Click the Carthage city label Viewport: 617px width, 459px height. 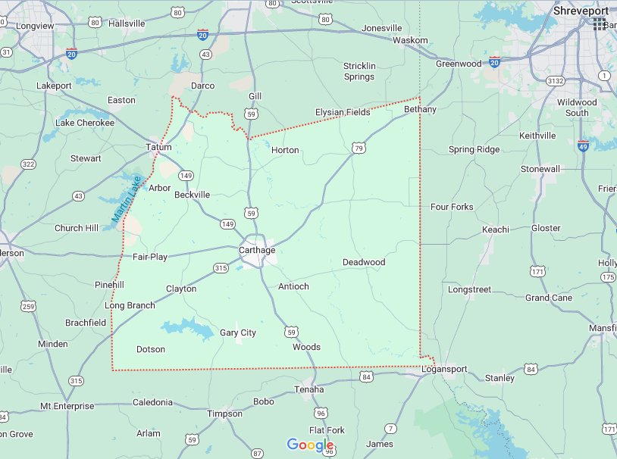pos(257,250)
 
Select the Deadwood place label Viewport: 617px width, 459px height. pos(364,262)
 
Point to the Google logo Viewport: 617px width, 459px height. pos(311,445)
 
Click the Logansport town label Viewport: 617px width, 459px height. pos(445,369)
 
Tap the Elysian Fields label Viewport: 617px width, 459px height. pos(343,112)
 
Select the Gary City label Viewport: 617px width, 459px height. pos(238,333)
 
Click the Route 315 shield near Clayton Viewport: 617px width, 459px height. pos(221,268)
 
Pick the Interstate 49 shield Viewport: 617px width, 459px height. pos(583,145)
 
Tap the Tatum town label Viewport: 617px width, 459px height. pos(159,147)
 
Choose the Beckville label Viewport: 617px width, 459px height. pos(192,195)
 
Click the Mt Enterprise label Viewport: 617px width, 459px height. pos(67,406)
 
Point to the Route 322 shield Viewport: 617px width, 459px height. pos(28,164)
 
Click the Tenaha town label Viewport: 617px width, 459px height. pos(308,389)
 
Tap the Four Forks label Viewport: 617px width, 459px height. pos(452,207)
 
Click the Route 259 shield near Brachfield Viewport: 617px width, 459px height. pos(28,306)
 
